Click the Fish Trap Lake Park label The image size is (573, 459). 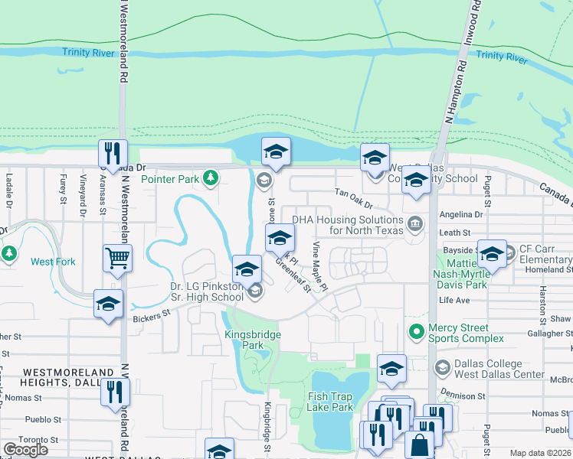[330, 402]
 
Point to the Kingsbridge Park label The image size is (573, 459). [253, 340]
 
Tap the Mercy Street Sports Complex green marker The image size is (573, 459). [416, 332]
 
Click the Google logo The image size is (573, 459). [25, 449]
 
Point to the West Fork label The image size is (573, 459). [53, 262]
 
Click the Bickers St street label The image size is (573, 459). [150, 315]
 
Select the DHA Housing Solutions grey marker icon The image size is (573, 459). [415, 224]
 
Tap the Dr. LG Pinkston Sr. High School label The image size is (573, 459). [207, 291]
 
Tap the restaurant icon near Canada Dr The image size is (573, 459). [113, 153]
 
